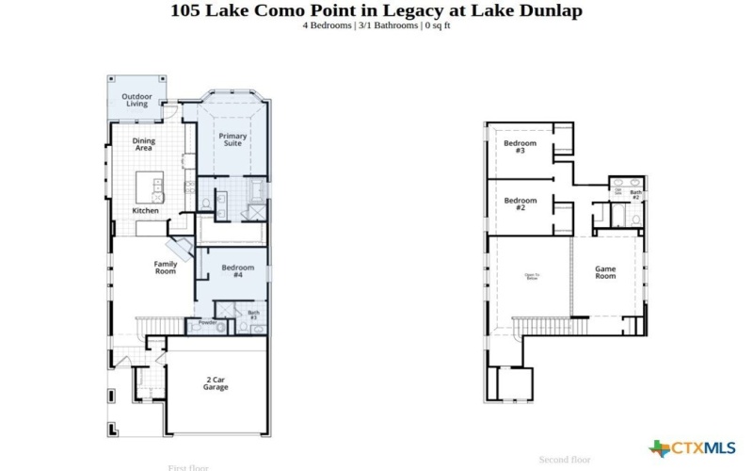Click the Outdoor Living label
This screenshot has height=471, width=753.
[137, 99]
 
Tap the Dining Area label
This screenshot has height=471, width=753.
[143, 144]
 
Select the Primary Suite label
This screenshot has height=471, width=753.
[232, 140]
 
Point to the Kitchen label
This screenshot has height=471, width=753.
[145, 210]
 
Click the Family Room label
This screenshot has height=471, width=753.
[166, 268]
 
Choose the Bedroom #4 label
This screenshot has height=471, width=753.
[238, 271]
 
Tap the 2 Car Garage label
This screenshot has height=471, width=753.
[216, 383]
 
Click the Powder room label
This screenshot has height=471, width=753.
[207, 323]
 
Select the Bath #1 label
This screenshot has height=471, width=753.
[253, 315]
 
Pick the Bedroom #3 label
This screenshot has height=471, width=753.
[520, 147]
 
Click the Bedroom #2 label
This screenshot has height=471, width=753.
[520, 203]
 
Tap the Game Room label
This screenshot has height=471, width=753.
[605, 272]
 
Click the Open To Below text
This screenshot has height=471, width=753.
[532, 276]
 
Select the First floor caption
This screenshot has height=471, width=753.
[188, 467]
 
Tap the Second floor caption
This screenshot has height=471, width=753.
[565, 460]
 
